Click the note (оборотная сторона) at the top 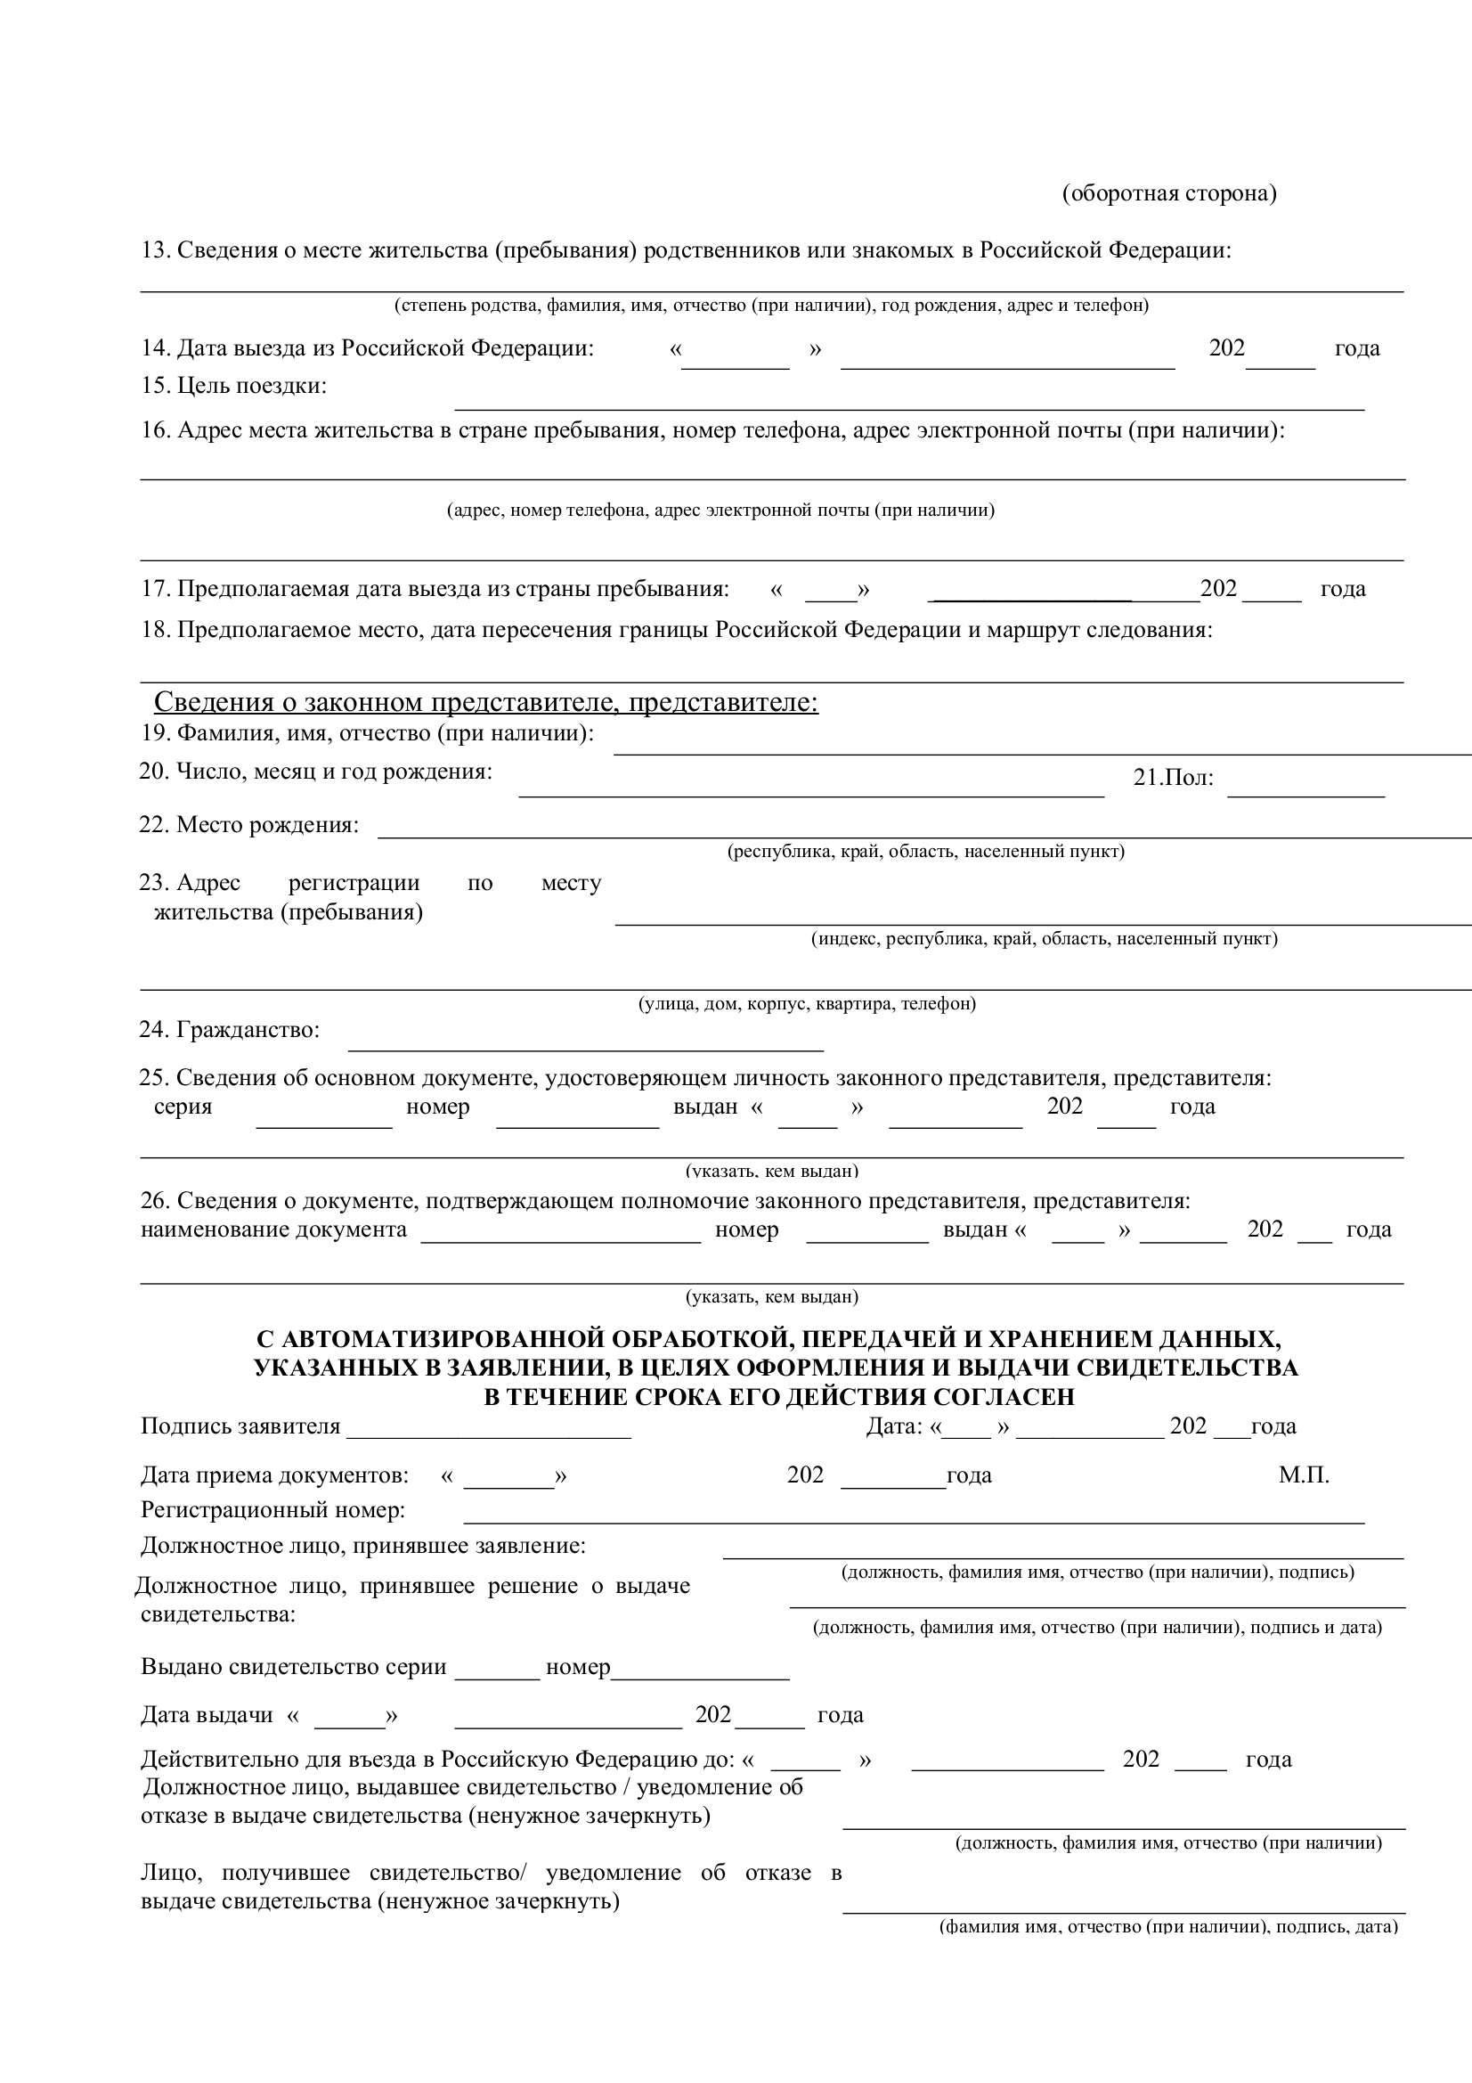[x=1168, y=193]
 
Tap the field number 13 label [x=686, y=250]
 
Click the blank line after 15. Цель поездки [x=909, y=402]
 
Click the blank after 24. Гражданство [x=585, y=1041]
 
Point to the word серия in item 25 [x=183, y=1107]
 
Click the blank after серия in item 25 [x=324, y=1118]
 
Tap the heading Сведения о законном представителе [x=486, y=702]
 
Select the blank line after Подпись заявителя [x=488, y=1429]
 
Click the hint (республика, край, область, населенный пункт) [x=925, y=851]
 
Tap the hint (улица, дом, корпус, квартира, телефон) [x=807, y=1003]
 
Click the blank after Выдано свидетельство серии [x=496, y=1670]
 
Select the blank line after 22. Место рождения [x=923, y=829]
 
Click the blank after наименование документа [x=560, y=1233]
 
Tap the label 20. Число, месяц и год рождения [x=315, y=772]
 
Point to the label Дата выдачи [x=207, y=1715]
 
